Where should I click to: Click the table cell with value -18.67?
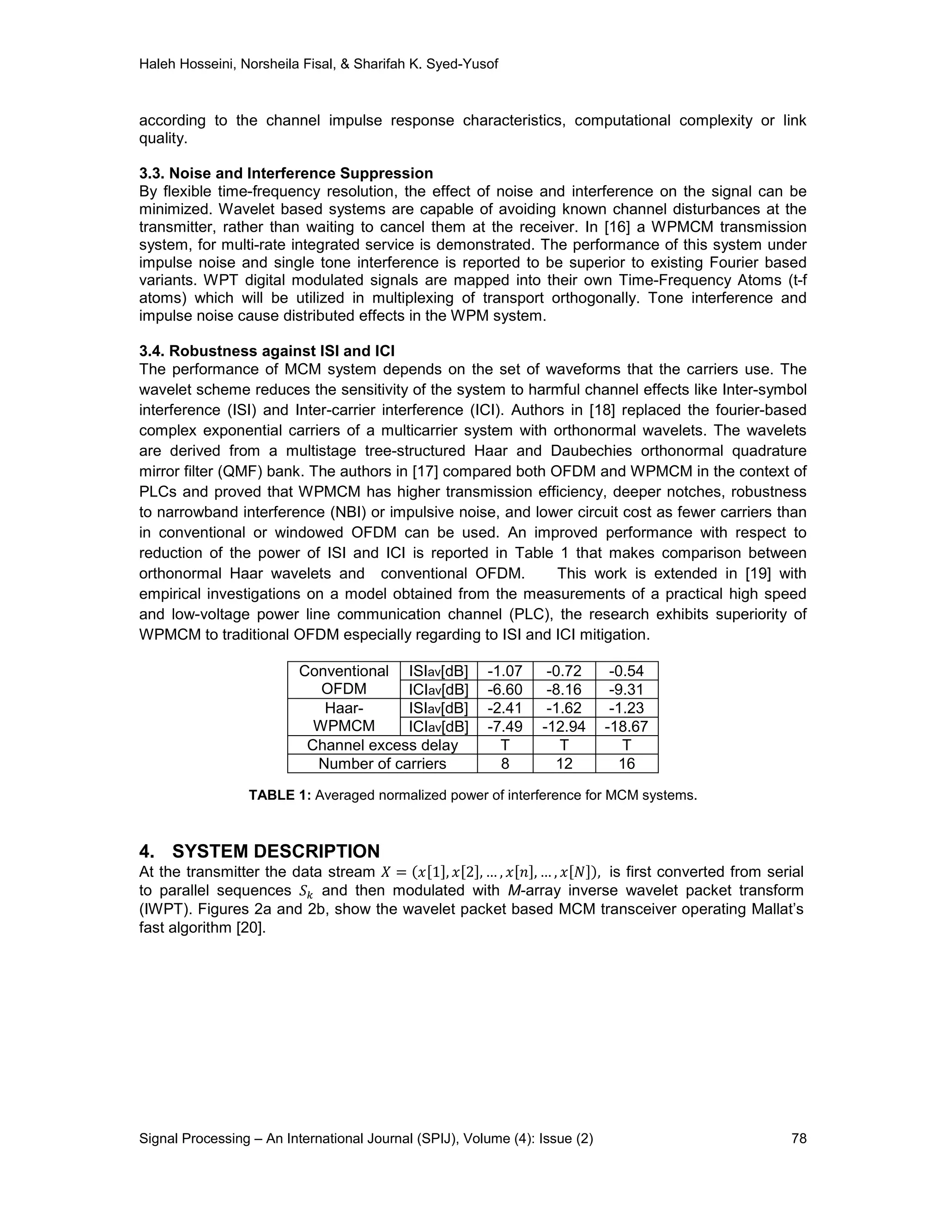click(626, 726)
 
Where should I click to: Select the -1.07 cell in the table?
click(504, 671)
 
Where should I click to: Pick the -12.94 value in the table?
click(564, 726)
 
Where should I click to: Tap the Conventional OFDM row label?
click(344, 680)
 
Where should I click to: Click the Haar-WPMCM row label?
click(344, 717)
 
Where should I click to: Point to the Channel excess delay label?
click(382, 745)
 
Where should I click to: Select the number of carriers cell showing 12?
click(564, 763)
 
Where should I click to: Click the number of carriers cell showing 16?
click(626, 763)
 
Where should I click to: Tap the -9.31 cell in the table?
click(626, 689)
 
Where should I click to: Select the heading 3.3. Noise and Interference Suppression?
click(286, 173)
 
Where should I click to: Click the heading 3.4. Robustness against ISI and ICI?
click(267, 351)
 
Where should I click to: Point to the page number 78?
click(799, 1139)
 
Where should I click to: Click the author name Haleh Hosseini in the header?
click(188, 65)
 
